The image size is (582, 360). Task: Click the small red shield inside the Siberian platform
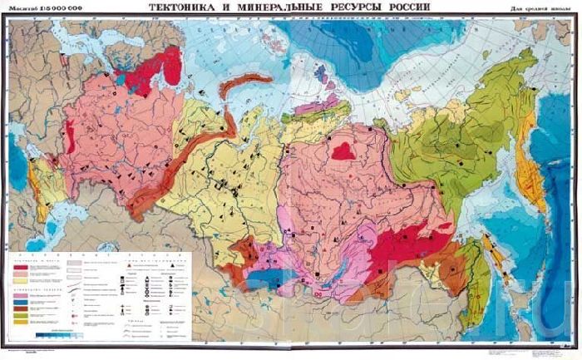[343, 150]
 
